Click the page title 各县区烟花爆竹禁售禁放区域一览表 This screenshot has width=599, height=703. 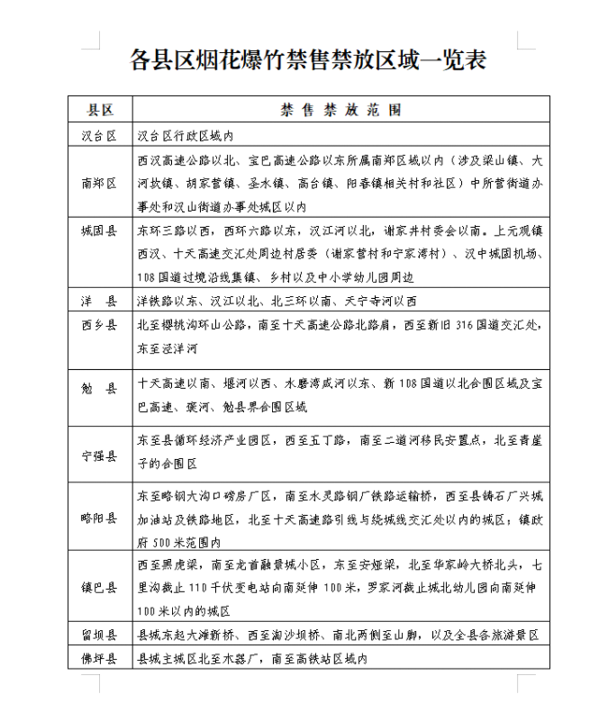click(308, 59)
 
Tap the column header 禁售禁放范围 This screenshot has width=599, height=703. click(340, 110)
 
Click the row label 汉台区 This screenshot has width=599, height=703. click(100, 136)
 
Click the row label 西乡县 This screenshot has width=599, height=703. click(100, 325)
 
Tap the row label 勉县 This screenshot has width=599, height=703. click(100, 390)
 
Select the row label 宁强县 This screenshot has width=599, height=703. click(100, 455)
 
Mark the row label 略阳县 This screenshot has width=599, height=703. click(100, 518)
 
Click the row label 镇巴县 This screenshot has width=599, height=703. click(100, 588)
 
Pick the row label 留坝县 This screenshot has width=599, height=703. click(100, 635)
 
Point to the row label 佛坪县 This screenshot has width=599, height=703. click(100, 659)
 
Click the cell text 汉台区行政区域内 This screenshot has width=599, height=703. click(186, 136)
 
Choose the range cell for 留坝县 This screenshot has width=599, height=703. click(338, 635)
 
